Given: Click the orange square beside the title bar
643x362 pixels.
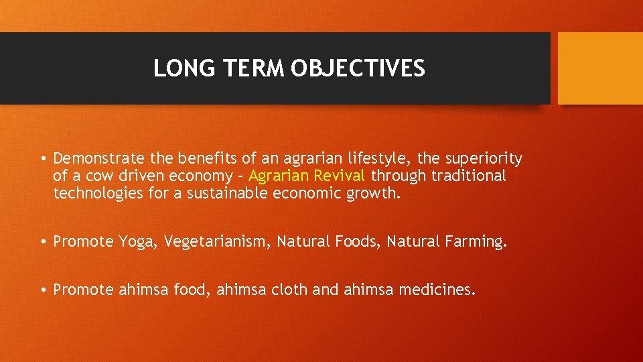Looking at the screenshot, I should click(599, 68).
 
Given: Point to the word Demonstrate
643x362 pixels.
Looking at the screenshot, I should click(98, 159).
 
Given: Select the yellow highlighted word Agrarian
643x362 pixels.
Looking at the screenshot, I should click(277, 176).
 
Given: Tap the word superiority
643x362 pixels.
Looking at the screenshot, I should click(483, 159).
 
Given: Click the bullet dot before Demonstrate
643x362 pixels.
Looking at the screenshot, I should click(42, 160).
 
